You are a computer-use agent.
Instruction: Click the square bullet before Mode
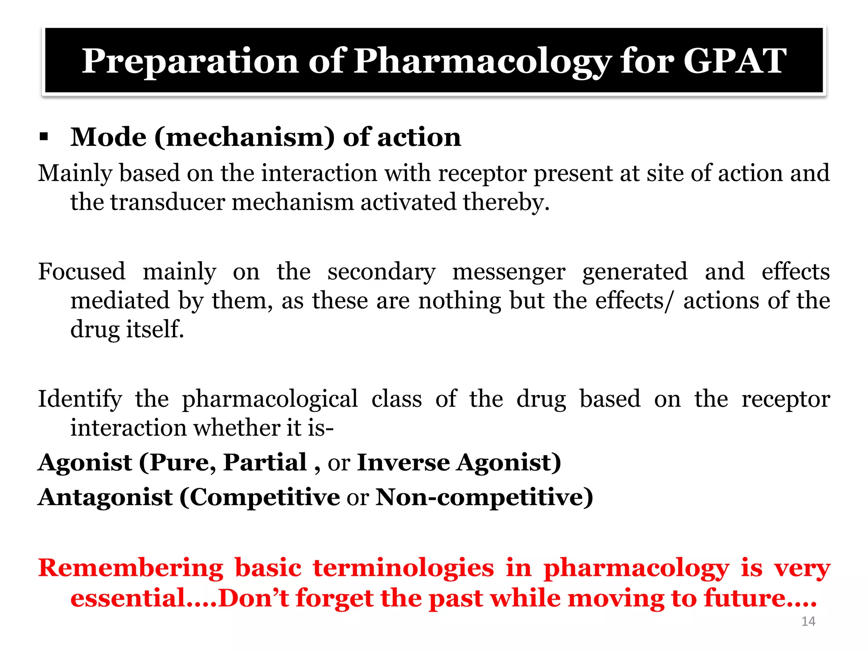pos(44,137)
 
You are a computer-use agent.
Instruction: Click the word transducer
pos(167,202)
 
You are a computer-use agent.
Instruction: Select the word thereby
pos(506,202)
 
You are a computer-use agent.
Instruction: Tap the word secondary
pos(381,272)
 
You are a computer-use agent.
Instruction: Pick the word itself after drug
pos(155,329)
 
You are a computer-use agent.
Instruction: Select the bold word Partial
pos(265,462)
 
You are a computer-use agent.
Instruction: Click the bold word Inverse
pos(403,462)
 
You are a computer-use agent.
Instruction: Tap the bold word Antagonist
pos(105,497)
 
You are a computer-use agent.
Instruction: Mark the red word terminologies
pos(403,568)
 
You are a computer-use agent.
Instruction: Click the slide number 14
pos(808,621)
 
